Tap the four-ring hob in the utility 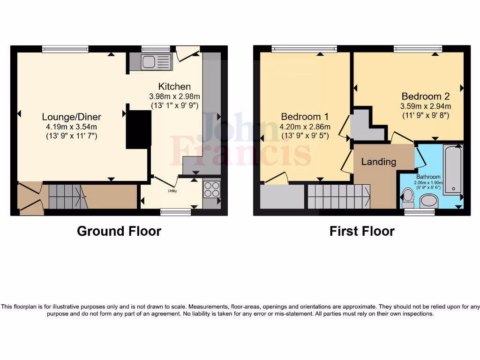pyautogui.click(x=212, y=189)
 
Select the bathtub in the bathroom pyautogui.click(x=453, y=169)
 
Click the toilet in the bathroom pyautogui.click(x=408, y=197)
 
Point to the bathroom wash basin pyautogui.click(x=428, y=201)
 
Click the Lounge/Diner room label pyautogui.click(x=71, y=117)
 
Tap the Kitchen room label pyautogui.click(x=174, y=86)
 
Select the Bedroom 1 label pyautogui.click(x=305, y=116)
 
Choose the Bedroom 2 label pyautogui.click(x=425, y=96)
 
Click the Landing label pyautogui.click(x=378, y=162)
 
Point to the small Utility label pyautogui.click(x=172, y=191)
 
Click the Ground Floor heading pyautogui.click(x=119, y=231)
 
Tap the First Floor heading pyautogui.click(x=361, y=231)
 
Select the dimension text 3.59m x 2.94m pyautogui.click(x=425, y=106)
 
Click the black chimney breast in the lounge pyautogui.click(x=139, y=129)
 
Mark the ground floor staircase pyautogui.click(x=65, y=196)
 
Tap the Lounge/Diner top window pyautogui.click(x=65, y=49)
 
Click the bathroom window pyautogui.click(x=420, y=212)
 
